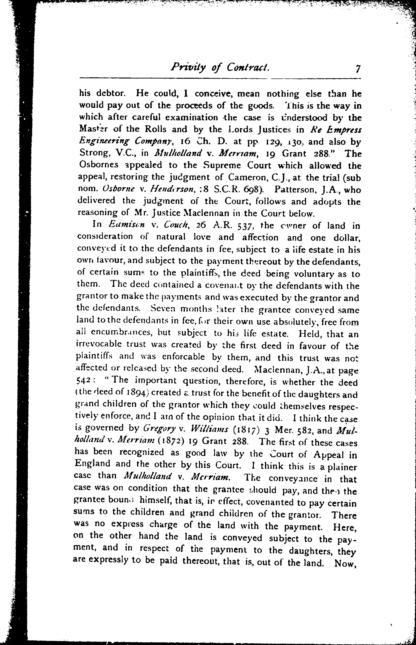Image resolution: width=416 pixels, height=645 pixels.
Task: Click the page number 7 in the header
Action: pos(358,69)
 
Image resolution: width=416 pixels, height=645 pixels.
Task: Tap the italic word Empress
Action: pos(346,130)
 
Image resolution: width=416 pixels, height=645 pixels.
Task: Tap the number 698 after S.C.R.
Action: pos(251,189)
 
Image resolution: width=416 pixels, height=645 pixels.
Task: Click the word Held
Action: pos(310,334)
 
